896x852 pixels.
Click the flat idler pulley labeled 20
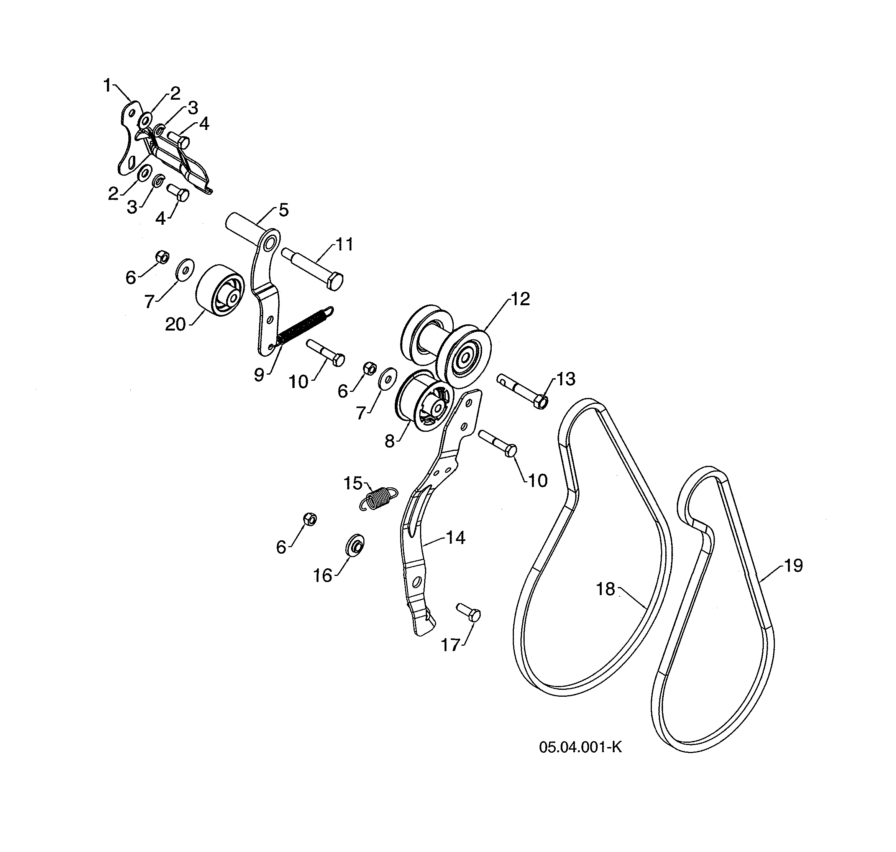click(220, 290)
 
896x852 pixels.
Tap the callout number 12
click(520, 299)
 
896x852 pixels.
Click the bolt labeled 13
click(522, 391)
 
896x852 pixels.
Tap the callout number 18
click(605, 589)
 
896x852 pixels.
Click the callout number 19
click(793, 566)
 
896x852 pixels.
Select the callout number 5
click(283, 210)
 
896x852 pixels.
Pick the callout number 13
click(566, 379)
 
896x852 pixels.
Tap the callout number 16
click(323, 576)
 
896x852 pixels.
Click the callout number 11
click(344, 244)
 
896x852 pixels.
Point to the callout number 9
click(259, 375)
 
